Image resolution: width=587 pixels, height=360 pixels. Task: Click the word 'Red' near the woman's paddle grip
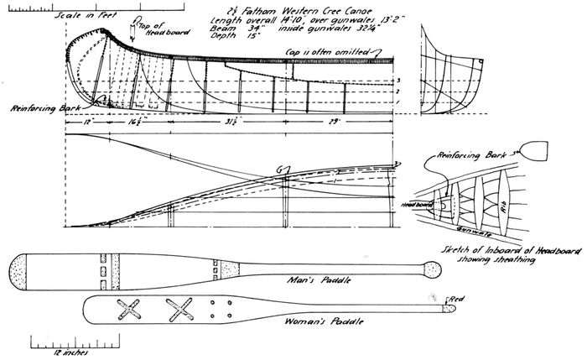pyautogui.click(x=457, y=299)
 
